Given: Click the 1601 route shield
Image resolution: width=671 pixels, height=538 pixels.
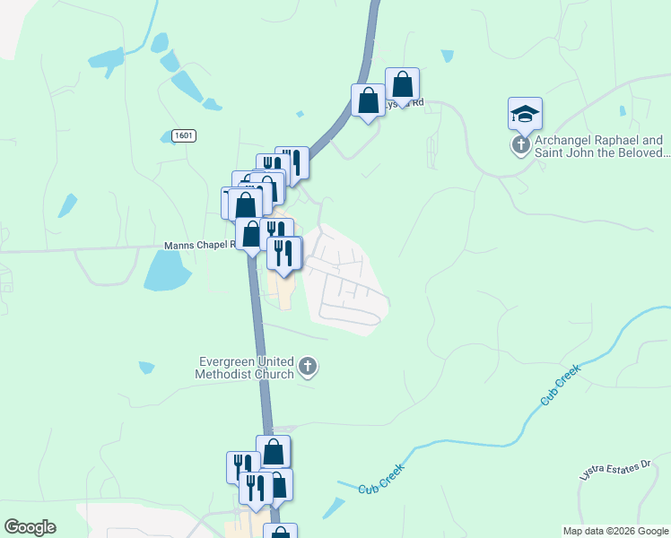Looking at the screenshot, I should point(184,135).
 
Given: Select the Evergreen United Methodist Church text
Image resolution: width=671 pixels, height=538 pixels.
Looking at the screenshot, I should point(247,368).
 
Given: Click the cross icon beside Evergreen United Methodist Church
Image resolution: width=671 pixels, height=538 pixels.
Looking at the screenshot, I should point(308,366).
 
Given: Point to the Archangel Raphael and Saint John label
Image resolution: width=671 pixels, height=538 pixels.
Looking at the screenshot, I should point(598,146).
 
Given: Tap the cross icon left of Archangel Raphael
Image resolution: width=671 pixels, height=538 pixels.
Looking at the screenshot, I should point(520,144).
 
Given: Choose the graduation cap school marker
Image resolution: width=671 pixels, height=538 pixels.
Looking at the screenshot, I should point(525,114).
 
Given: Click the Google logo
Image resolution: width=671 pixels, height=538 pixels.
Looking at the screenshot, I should point(30,527).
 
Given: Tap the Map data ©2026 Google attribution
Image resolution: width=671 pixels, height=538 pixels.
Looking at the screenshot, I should point(615,531).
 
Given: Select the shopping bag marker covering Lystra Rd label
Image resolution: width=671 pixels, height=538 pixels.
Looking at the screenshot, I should point(403,86).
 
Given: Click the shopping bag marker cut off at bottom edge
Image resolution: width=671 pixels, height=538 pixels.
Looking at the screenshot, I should point(280,533).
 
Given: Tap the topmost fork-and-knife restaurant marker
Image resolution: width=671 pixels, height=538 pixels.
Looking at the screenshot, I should point(292,163).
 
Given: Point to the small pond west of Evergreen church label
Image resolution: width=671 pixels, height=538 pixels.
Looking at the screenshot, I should point(146,368).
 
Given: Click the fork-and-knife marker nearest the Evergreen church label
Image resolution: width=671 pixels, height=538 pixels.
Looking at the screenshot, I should point(285,255).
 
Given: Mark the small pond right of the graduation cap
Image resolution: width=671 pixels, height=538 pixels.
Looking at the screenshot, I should point(622,111).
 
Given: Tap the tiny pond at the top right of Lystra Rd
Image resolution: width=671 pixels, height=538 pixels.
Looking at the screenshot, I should point(447,56).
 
